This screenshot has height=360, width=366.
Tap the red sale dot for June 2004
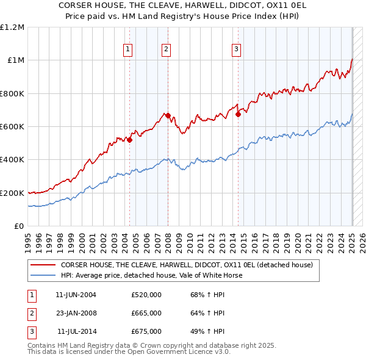tap(130, 140)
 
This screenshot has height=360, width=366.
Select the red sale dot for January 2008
tap(168, 115)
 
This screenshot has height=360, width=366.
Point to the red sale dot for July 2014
tap(238, 113)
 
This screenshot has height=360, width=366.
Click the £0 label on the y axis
tap(19, 226)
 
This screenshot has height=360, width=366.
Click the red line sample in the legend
tap(43, 265)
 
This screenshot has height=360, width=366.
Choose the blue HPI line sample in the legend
tap(43, 275)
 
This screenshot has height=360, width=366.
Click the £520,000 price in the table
tap(146, 295)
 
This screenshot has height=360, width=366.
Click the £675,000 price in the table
tap(146, 331)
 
